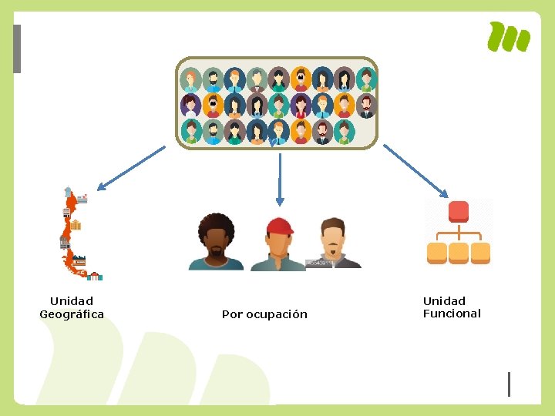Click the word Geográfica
72,314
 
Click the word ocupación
276,315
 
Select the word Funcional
452,314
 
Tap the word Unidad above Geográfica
71,301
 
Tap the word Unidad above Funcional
444,301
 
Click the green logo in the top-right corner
509,37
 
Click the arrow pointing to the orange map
131,167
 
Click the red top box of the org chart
459,211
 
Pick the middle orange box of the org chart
459,252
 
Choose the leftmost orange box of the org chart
437,252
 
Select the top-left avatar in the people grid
190,79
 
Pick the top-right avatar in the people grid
366,79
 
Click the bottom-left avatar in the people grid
190,130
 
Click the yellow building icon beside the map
76,226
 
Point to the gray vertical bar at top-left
17,49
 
